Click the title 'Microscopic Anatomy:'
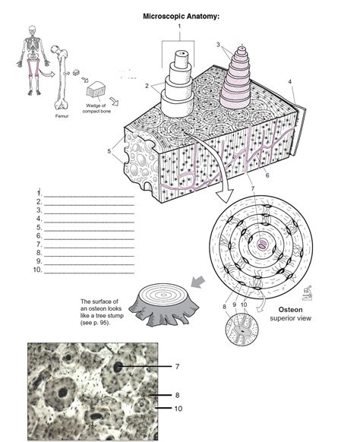click(180, 15)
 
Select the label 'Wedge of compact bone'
click(96, 109)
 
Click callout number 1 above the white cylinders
click(180, 27)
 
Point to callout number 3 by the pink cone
click(218, 44)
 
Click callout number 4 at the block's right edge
click(289, 81)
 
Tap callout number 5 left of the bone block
click(109, 150)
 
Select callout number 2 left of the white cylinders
click(147, 86)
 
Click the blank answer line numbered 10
click(87, 270)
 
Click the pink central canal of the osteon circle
click(263, 245)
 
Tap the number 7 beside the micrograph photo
click(177, 367)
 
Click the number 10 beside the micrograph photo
click(178, 409)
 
